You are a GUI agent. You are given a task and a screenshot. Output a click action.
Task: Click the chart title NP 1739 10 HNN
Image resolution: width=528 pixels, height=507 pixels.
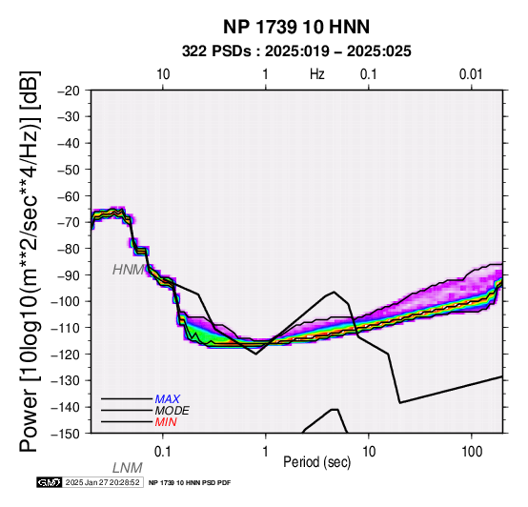point(296,27)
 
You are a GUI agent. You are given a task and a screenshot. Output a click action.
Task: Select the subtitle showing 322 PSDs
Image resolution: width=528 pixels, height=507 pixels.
point(296,51)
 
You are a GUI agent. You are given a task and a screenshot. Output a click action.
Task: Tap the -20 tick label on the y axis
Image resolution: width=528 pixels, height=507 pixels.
point(69,91)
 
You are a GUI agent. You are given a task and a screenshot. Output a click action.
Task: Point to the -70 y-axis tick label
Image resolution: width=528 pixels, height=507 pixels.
point(69,222)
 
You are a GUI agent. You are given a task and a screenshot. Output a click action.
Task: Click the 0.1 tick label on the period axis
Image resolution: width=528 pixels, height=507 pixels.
point(163,452)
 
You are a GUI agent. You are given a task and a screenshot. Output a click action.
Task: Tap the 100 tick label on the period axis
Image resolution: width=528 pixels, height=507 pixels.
point(472,452)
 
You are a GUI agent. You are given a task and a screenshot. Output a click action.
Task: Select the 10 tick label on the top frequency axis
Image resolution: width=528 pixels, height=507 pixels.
point(163,74)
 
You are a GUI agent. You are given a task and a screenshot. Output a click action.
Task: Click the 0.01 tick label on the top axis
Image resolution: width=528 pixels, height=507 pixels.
point(471,74)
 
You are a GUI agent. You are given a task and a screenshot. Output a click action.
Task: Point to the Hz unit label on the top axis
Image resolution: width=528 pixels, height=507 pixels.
point(317,74)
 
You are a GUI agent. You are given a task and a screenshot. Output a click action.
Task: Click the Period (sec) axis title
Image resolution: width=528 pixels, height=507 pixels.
point(317,462)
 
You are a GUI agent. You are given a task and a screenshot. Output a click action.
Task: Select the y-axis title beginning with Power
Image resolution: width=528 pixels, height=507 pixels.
point(29,261)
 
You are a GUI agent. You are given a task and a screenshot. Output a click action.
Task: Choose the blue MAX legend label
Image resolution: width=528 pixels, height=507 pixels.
point(168,399)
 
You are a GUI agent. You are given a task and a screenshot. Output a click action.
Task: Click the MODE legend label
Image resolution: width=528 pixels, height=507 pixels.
point(173,411)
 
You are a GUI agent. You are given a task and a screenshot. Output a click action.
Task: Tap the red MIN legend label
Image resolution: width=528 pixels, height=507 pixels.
point(166,422)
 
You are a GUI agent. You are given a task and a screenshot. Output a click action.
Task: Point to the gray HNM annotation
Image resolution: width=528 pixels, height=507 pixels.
point(128,270)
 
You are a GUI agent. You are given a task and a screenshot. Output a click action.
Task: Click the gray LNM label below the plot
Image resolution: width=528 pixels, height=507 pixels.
point(128,468)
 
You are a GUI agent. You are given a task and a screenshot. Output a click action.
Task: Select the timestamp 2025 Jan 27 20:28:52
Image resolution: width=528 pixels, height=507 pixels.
point(102,482)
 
